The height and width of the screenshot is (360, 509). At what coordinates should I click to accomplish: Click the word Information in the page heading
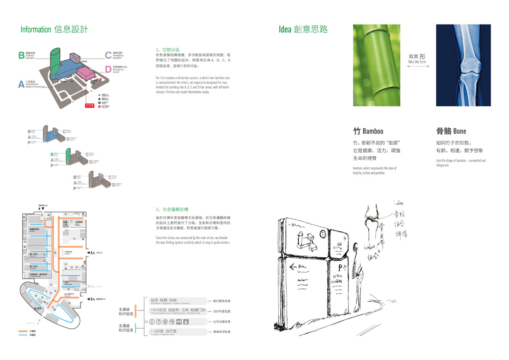tap(36, 30)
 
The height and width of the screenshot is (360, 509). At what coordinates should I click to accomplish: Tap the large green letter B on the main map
tap(21, 56)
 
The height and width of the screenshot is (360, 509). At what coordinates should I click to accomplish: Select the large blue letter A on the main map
tap(21, 84)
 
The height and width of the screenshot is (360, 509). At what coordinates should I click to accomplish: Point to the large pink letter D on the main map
tap(108, 70)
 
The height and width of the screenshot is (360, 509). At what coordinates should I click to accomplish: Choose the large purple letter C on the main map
tap(108, 56)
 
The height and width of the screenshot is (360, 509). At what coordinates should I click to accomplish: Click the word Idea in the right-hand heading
tap(285, 30)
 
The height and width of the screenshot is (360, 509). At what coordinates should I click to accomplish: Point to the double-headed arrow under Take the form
tap(418, 67)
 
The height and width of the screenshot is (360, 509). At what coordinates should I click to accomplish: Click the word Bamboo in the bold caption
tap(373, 131)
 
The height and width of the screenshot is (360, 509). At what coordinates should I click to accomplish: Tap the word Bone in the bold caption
tap(459, 131)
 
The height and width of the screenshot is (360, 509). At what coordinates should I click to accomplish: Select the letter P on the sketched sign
tap(340, 267)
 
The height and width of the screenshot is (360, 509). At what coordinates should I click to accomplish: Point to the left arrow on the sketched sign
tap(293, 267)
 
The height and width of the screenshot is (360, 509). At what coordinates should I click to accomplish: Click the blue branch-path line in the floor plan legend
tap(23, 335)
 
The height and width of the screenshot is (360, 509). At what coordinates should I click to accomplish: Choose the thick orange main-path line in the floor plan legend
tap(23, 331)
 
